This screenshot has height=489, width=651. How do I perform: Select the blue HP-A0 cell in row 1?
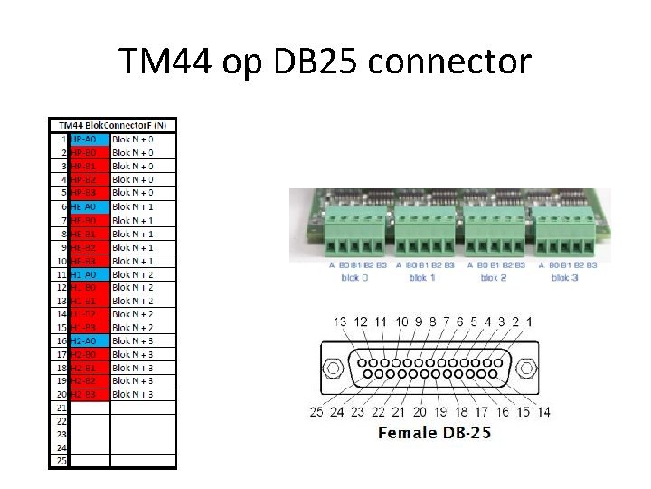90,139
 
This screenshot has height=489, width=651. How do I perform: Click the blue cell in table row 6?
90,206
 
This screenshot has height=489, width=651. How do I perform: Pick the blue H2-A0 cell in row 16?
90,340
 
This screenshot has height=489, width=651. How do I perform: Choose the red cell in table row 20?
90,394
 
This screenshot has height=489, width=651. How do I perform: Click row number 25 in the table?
61,460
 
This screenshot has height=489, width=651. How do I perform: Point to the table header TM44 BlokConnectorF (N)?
113,125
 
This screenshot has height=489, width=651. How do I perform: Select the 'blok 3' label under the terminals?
566,277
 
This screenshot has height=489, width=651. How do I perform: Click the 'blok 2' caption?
492,277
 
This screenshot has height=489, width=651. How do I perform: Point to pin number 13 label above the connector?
340,321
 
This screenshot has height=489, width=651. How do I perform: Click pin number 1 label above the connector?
529,321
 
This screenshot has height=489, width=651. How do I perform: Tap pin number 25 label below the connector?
316,412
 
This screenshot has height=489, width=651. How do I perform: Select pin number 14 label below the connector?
543,412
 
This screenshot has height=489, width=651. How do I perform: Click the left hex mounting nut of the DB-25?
334,369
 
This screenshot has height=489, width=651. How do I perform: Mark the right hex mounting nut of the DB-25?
524,369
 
